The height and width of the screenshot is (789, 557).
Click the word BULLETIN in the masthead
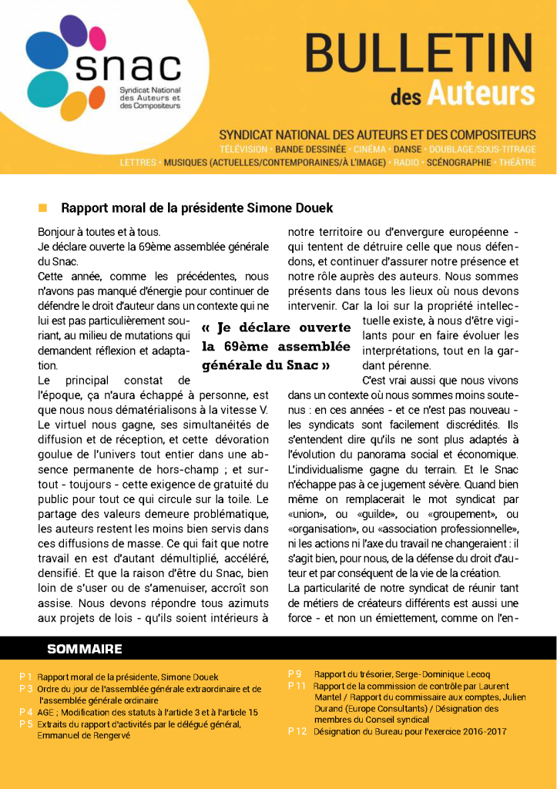point(418,55)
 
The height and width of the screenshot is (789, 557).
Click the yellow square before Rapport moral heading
point(43,208)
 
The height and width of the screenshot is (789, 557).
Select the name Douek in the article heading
point(314,208)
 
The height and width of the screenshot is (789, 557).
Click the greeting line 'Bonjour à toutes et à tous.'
point(99,232)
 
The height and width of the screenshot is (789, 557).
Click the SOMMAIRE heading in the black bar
point(84,649)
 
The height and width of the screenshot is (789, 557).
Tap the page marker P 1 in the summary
point(26,677)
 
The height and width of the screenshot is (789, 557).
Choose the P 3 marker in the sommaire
point(26,689)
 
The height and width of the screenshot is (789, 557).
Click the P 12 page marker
point(297,731)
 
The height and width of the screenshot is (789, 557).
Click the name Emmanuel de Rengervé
point(85,736)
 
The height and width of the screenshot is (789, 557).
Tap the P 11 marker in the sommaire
point(297,686)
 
